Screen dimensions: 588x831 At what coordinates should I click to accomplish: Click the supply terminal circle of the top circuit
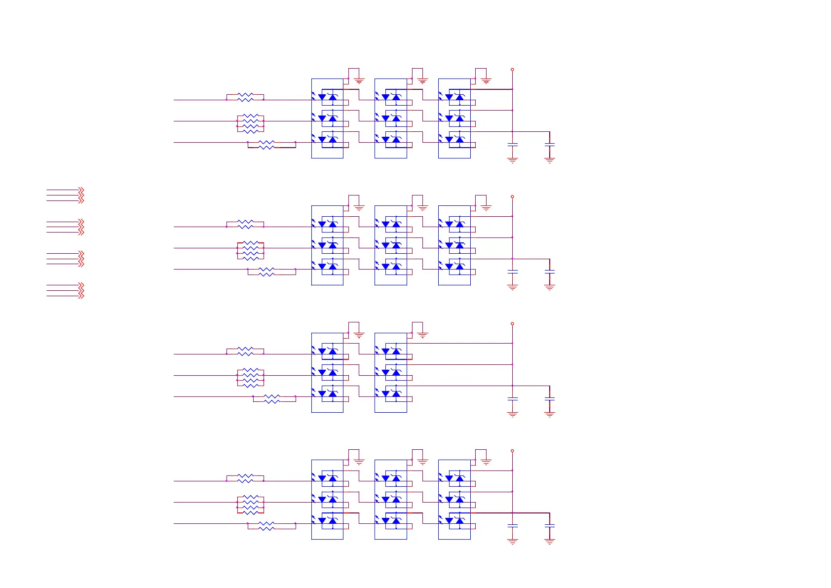[x=512, y=70]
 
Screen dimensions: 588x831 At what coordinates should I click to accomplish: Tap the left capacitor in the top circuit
[x=513, y=145]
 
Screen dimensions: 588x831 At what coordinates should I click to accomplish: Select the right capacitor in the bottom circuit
[x=550, y=526]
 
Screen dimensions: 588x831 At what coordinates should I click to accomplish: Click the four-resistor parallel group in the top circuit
[x=251, y=123]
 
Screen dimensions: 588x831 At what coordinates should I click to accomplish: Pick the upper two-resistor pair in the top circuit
[x=245, y=97]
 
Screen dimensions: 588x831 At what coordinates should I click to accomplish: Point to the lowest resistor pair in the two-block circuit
[x=272, y=399]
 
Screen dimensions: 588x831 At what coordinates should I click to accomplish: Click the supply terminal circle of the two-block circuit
[x=512, y=324]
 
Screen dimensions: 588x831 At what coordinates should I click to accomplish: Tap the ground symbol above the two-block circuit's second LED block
[x=422, y=335]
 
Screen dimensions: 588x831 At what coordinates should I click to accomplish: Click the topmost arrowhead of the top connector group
[x=81, y=189]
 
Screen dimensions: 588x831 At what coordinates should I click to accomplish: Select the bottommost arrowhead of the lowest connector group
[x=81, y=296]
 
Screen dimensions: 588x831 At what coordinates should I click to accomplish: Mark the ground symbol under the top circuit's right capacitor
[x=550, y=160]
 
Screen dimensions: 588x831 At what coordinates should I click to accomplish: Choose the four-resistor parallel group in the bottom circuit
[x=251, y=505]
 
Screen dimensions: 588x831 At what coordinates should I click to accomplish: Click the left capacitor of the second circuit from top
[x=513, y=272]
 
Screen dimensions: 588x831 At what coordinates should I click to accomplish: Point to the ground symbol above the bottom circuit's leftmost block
[x=359, y=462]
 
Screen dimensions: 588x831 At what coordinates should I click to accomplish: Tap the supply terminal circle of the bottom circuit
[x=512, y=451]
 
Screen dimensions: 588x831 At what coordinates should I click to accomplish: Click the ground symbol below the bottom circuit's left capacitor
[x=513, y=541]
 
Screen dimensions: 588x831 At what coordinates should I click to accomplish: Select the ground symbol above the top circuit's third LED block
[x=486, y=81]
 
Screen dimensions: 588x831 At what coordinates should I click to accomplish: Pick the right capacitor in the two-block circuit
[x=550, y=399]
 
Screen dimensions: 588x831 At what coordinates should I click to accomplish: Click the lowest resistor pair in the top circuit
[x=266, y=145]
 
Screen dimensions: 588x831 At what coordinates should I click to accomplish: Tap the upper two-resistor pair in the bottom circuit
[x=245, y=478]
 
